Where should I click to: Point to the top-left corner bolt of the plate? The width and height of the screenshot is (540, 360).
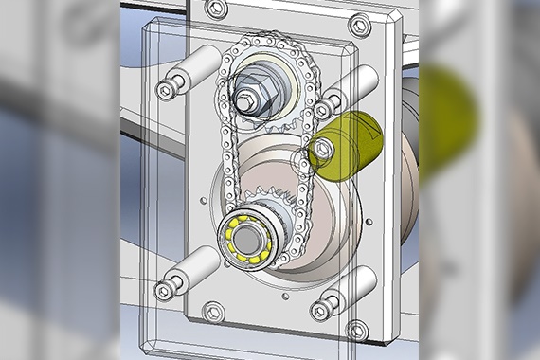[x=217, y=9]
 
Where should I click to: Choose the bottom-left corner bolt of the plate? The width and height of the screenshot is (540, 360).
[x=215, y=310]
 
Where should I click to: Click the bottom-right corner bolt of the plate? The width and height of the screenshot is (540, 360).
[x=356, y=330]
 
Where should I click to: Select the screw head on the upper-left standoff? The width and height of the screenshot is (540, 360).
[x=167, y=90]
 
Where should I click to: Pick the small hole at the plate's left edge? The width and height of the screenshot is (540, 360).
[x=204, y=201]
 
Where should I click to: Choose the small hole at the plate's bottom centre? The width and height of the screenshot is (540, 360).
[x=282, y=297]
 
